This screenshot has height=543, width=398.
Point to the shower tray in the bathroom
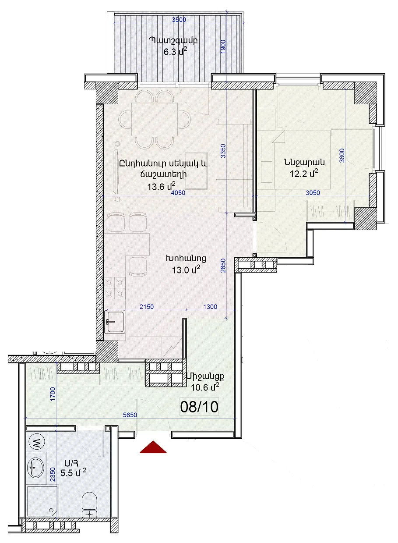(42, 501)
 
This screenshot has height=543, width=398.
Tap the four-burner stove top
(115, 288)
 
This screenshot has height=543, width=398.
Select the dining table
(155, 119)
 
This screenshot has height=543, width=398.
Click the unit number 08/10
(199, 407)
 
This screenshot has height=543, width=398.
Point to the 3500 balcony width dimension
(179, 20)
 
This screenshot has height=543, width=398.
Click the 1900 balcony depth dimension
(223, 47)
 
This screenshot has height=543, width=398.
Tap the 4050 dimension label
(178, 193)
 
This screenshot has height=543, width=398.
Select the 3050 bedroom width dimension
(313, 193)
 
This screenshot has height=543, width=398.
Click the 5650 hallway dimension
(130, 415)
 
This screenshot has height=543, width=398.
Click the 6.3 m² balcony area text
(176, 51)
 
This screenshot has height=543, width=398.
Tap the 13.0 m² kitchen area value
(186, 270)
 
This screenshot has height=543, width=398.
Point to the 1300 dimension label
(210, 307)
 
